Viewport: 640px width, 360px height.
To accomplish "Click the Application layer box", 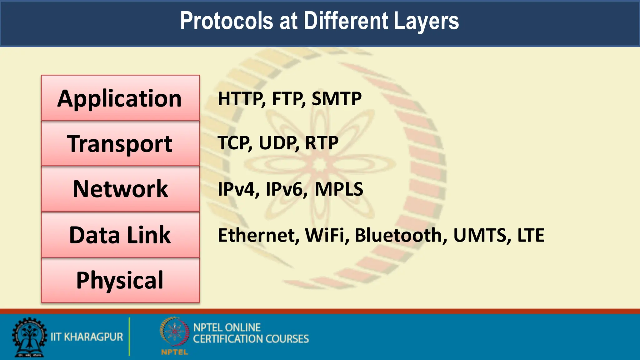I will [120, 98].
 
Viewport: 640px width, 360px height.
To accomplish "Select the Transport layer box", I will [120, 143].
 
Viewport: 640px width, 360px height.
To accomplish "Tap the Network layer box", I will [120, 189].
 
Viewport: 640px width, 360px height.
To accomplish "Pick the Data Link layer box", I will [120, 235].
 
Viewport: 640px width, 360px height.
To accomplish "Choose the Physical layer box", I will [120, 280].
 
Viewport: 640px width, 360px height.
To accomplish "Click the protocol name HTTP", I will [241, 99].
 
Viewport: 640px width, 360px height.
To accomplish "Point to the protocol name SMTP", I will [337, 99].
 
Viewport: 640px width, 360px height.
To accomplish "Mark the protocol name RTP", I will [322, 143].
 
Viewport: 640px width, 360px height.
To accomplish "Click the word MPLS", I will [339, 189].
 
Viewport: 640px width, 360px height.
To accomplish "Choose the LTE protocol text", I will [531, 235].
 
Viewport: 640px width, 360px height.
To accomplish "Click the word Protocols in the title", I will [227, 21].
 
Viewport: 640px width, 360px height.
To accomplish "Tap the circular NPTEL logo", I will [174, 332].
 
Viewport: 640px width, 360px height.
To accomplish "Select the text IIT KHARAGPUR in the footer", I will [87, 337].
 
